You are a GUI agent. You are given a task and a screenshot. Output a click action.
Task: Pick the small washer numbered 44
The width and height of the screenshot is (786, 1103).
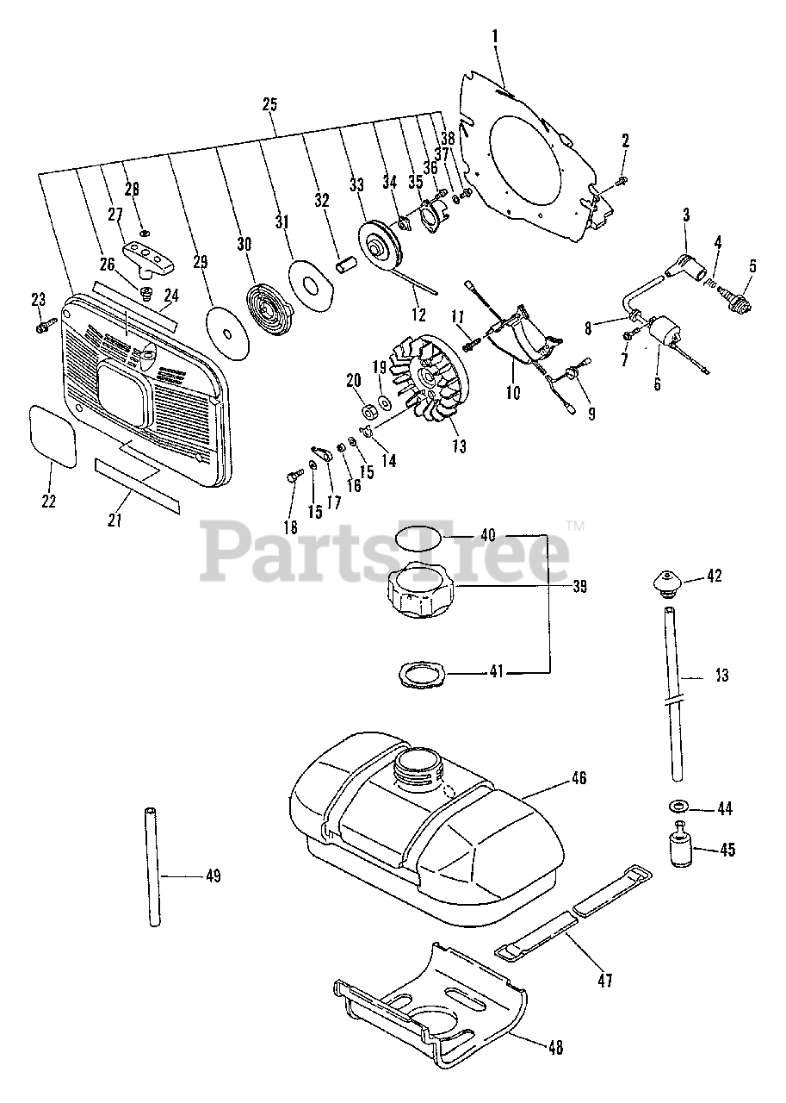coord(678,808)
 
